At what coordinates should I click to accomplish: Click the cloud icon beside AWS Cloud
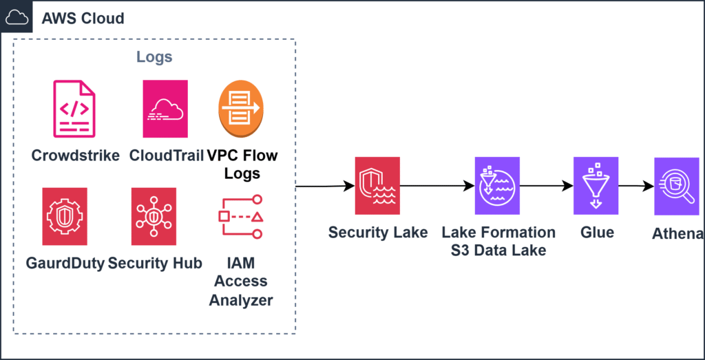[x=17, y=17]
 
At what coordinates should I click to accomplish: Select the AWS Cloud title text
[x=83, y=18]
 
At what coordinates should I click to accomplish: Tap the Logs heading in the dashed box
[x=154, y=57]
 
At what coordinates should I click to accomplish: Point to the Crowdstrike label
[x=76, y=155]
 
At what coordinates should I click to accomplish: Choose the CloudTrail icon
[x=165, y=109]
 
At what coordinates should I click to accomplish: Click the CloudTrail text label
[x=166, y=155]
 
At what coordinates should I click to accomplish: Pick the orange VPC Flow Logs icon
[x=241, y=109]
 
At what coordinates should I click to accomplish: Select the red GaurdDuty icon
[x=65, y=216]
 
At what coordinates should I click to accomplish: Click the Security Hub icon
[x=154, y=216]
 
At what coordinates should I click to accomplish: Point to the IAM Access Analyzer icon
[x=240, y=216]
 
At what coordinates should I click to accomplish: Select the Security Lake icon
[x=377, y=186]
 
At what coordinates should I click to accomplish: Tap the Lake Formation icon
[x=498, y=186]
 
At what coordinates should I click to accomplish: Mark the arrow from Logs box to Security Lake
[x=324, y=186]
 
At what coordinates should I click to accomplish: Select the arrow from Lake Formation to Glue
[x=547, y=186]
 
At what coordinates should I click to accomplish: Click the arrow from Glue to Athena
[x=636, y=186]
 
